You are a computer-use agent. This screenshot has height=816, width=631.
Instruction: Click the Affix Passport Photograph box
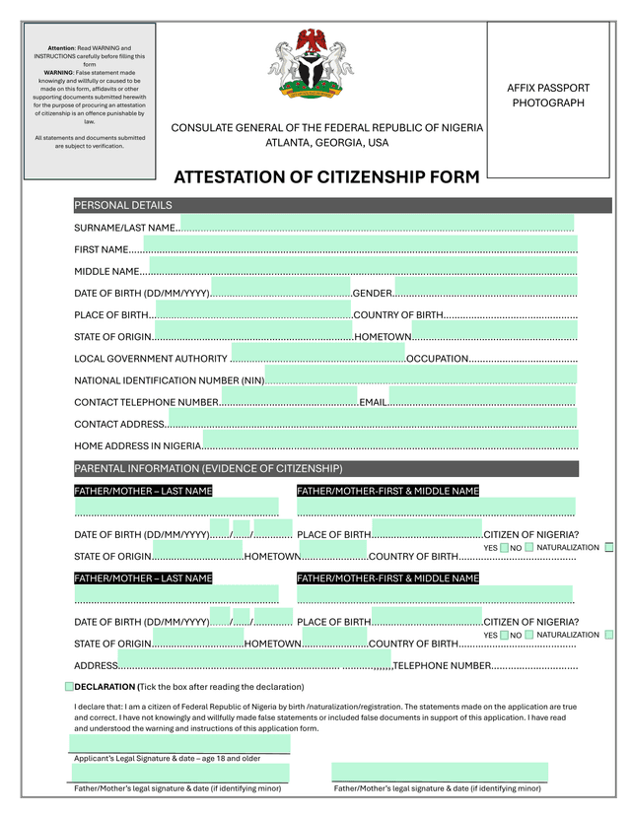[548, 97]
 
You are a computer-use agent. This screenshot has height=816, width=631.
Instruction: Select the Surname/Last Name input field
[377, 224]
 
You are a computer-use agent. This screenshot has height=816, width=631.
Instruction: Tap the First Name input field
[360, 245]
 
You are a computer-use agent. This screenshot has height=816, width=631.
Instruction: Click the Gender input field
[485, 288]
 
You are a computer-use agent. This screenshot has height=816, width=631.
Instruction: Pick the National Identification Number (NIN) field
[421, 374]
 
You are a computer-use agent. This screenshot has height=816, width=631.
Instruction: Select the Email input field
[481, 397]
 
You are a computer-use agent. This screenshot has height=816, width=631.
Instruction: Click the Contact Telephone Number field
[288, 397]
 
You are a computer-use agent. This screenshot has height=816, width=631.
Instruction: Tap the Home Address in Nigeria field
[390, 441]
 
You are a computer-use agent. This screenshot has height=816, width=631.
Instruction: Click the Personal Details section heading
[123, 206]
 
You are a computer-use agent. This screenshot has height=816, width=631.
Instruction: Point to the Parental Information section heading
[208, 468]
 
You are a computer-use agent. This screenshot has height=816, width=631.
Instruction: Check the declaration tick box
[69, 686]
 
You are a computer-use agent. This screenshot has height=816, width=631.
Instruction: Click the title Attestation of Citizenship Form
[326, 177]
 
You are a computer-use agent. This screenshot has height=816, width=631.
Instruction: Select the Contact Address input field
[373, 419]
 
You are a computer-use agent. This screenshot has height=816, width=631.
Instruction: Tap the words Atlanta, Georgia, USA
[326, 143]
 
